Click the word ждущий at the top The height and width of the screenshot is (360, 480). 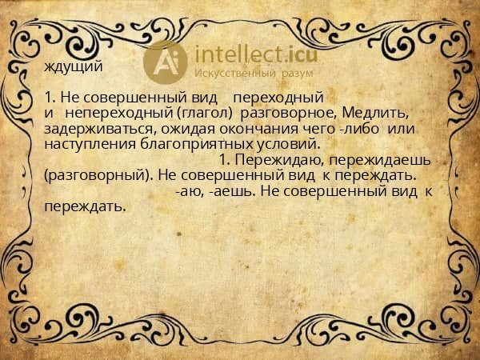(74, 66)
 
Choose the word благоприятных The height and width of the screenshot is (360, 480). (191, 144)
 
